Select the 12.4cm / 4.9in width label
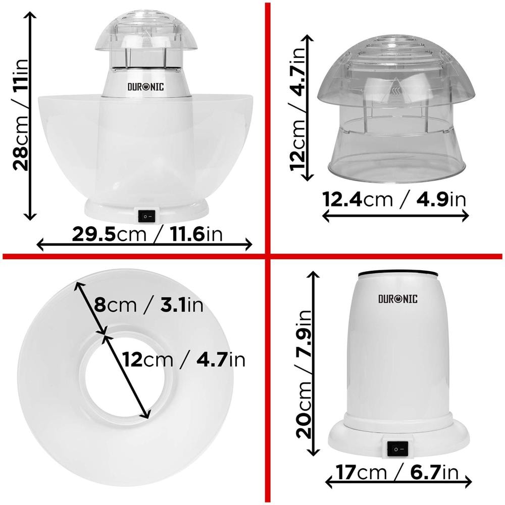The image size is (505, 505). coord(394,199)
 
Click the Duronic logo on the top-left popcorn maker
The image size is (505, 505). coord(146,86)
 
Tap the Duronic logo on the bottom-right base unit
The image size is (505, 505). coord(398,299)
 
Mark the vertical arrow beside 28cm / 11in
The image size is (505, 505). coord(31,116)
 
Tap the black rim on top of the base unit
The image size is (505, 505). coord(397,273)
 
